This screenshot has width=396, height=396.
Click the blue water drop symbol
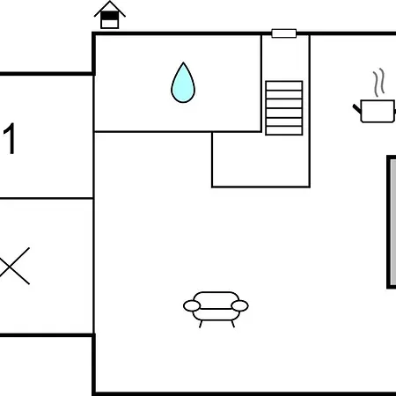[183, 84]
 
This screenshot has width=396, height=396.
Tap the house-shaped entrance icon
[110, 15]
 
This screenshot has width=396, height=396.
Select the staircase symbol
[284, 108]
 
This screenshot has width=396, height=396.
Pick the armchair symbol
[216, 309]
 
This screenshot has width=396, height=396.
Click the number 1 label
[10, 138]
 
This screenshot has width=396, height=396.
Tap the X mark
[13, 267]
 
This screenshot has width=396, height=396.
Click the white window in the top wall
[284, 33]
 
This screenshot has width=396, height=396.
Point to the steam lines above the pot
[378, 83]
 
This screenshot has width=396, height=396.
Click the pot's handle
[357, 109]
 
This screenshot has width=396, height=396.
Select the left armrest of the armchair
[192, 306]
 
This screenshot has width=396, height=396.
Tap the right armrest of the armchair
[239, 306]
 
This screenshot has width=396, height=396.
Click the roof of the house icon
[110, 8]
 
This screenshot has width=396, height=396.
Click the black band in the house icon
[110, 16]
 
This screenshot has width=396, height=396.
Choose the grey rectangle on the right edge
[392, 222]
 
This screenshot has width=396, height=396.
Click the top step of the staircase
[284, 85]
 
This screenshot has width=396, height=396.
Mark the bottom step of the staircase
[284, 131]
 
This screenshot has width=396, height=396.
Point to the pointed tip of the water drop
[183, 62]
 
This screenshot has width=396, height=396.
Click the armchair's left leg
[201, 324]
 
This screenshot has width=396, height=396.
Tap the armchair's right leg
[233, 324]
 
